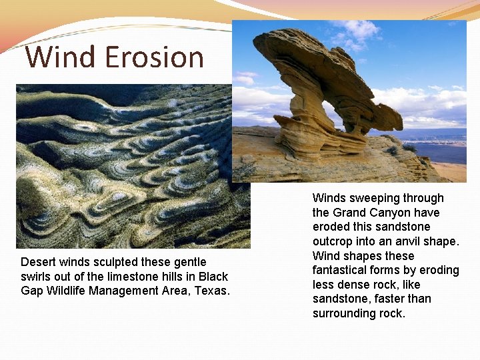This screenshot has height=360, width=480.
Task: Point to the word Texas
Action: click(x=212, y=291)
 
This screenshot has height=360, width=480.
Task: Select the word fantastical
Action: click(x=339, y=270)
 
